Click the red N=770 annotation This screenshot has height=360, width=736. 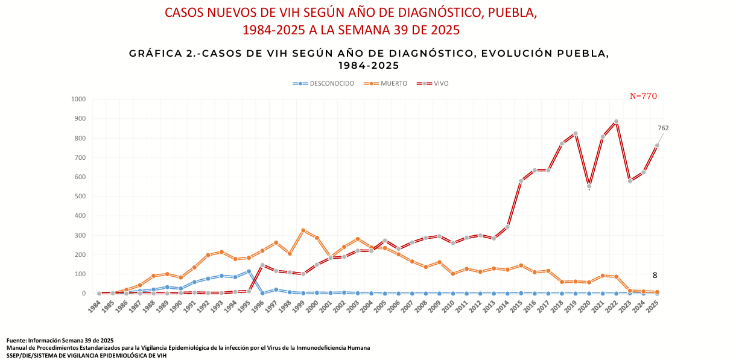point(643,96)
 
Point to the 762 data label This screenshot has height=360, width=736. point(663,128)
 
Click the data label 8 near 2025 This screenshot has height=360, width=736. point(655,275)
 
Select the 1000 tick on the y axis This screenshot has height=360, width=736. point(78,99)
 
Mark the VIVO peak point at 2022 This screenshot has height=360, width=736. point(616,121)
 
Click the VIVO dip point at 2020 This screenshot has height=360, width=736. point(589,186)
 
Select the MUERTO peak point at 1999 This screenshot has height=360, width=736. point(303,230)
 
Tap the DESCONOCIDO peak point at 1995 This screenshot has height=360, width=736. point(249,271)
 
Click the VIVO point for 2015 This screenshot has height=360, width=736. point(521,181)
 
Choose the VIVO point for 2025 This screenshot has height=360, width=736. point(657,145)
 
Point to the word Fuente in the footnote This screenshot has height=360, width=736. point(16,341)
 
